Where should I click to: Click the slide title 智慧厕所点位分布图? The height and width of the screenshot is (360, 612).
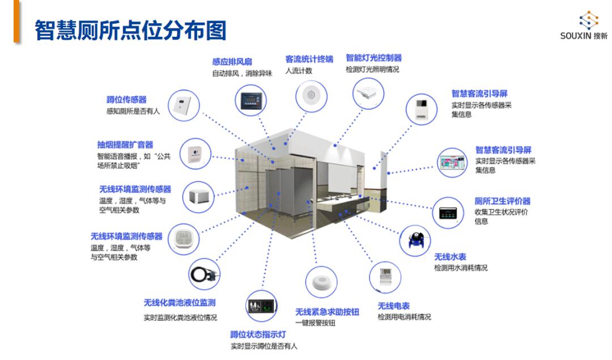coord(130,30)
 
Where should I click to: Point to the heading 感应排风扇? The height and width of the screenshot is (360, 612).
coord(232,62)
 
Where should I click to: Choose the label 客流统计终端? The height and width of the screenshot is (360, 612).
coord(309,59)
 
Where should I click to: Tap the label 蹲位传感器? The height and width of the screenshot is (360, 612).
coord(126,100)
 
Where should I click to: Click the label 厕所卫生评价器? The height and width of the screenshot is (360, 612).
coord(502,201)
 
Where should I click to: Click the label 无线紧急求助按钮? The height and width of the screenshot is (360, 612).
coord(327,312)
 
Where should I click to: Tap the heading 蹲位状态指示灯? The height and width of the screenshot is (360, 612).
coord(258,334)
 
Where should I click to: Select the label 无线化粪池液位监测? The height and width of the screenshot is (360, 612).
coord(179,303)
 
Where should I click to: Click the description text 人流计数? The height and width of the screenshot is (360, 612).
coord(299,71)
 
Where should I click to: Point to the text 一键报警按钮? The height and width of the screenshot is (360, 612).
coord(315,323)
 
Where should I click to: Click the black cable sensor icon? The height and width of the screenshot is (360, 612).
coord(205,274)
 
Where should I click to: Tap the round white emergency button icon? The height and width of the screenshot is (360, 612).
coord(321,282)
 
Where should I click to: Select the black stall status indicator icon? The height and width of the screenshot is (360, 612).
coord(262,307)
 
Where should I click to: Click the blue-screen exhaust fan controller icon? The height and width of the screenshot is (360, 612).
coord(250,100)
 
